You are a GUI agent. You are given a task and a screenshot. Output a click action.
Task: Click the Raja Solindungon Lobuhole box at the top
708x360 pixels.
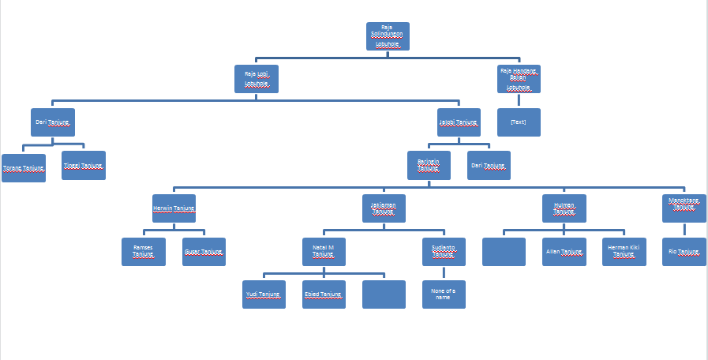388,36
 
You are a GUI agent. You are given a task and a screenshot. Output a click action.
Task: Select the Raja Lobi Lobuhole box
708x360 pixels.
257,79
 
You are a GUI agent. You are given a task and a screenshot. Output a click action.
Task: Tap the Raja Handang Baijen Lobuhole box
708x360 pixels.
519,79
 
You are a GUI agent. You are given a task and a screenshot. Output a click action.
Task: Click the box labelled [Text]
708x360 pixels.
519,122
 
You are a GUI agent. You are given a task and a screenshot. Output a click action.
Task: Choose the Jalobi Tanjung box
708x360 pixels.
459,122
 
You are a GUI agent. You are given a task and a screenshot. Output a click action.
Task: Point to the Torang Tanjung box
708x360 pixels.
24,168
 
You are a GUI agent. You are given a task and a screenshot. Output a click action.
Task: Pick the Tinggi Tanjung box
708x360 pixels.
84,166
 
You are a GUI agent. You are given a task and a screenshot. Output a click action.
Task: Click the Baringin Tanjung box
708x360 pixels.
429,165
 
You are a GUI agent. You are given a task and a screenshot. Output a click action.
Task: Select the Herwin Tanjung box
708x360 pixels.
174,208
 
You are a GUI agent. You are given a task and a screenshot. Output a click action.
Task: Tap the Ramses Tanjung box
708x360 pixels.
144,252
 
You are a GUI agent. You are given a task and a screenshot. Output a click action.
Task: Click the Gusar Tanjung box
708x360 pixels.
204,252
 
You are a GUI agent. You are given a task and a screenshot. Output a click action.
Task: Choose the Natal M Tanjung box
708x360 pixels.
324,252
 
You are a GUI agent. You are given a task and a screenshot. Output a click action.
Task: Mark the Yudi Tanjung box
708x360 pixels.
264,294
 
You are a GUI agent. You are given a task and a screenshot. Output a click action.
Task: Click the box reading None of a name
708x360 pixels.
444,294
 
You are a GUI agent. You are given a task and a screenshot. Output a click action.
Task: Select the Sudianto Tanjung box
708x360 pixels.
444,252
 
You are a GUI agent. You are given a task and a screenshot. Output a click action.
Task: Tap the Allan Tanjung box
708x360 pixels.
564,252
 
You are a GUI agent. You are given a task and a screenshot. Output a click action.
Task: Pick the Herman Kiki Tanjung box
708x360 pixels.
624,252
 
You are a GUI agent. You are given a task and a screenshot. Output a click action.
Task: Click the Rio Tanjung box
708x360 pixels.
684,252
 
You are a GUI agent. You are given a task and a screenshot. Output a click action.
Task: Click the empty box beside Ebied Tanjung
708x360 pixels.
384,294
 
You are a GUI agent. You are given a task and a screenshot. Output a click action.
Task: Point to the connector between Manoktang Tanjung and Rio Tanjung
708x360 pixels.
684,230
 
